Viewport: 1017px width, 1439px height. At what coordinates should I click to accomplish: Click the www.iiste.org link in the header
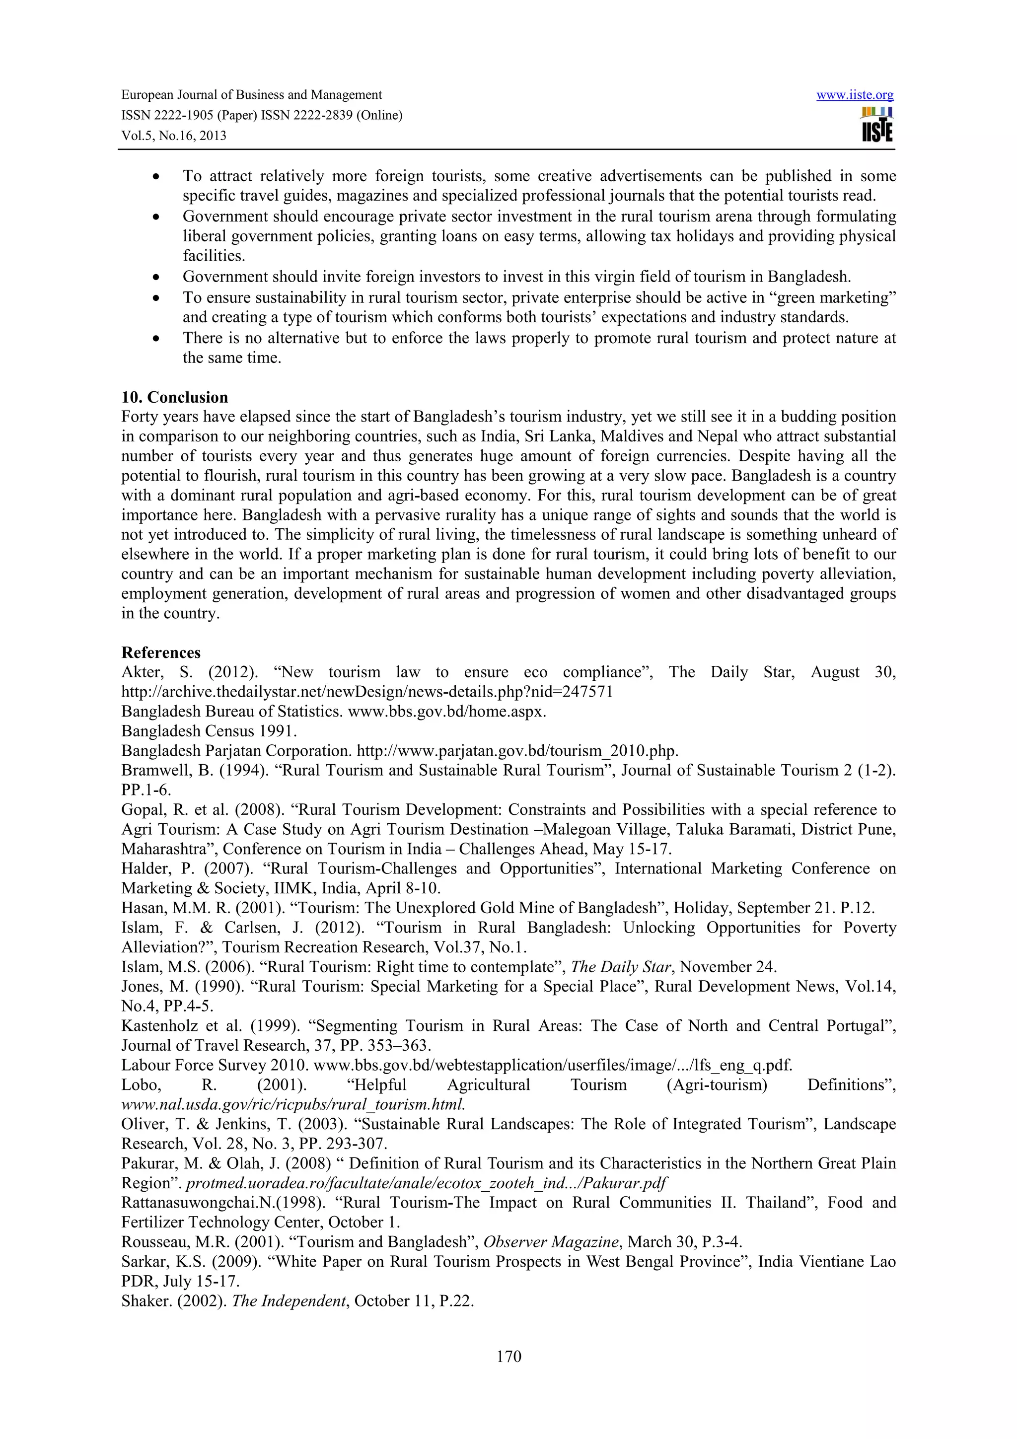854,95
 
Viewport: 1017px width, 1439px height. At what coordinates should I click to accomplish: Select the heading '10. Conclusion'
174,397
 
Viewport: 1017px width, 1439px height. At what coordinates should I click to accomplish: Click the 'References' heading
160,652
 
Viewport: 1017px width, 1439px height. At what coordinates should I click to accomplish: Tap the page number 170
508,1356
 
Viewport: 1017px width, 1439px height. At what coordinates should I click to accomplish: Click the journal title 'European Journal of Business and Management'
251,95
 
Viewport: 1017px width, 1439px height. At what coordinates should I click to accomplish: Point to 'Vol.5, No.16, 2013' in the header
174,136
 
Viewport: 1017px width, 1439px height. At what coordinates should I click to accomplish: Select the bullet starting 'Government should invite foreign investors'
516,277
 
